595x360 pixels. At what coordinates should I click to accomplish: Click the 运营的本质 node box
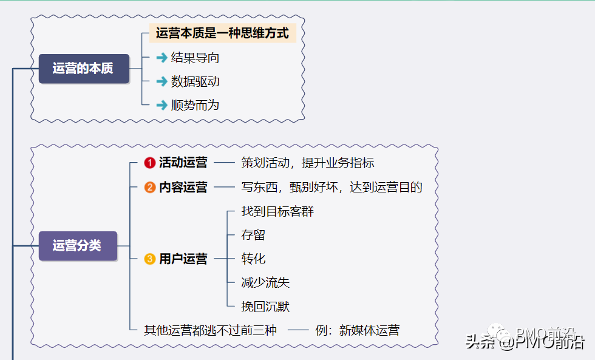tap(84, 69)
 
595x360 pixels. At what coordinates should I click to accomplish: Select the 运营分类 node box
tap(78, 246)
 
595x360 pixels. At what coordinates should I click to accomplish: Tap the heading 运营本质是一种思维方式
tap(222, 33)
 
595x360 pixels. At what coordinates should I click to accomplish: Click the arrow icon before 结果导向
tap(161, 58)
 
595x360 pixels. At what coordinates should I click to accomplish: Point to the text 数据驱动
tap(195, 81)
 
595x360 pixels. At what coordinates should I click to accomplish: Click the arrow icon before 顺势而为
tap(161, 105)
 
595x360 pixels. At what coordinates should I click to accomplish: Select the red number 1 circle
tap(150, 163)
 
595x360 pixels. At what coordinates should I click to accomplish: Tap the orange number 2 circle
tap(150, 187)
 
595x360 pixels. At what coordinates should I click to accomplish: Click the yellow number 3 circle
tap(150, 259)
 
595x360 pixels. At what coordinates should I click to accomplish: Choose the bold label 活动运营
tap(183, 163)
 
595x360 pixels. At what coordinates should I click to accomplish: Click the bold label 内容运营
tap(183, 187)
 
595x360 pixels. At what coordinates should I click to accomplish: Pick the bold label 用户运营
tap(183, 259)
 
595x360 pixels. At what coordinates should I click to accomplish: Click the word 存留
tap(253, 235)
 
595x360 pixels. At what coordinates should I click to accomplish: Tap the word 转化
tap(253, 259)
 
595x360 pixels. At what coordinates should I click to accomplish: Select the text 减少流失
tap(265, 282)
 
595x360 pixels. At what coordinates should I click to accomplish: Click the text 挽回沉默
tap(265, 307)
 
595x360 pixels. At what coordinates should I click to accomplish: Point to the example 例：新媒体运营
tap(358, 330)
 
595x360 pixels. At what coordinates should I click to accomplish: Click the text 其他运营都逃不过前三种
tap(210, 330)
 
